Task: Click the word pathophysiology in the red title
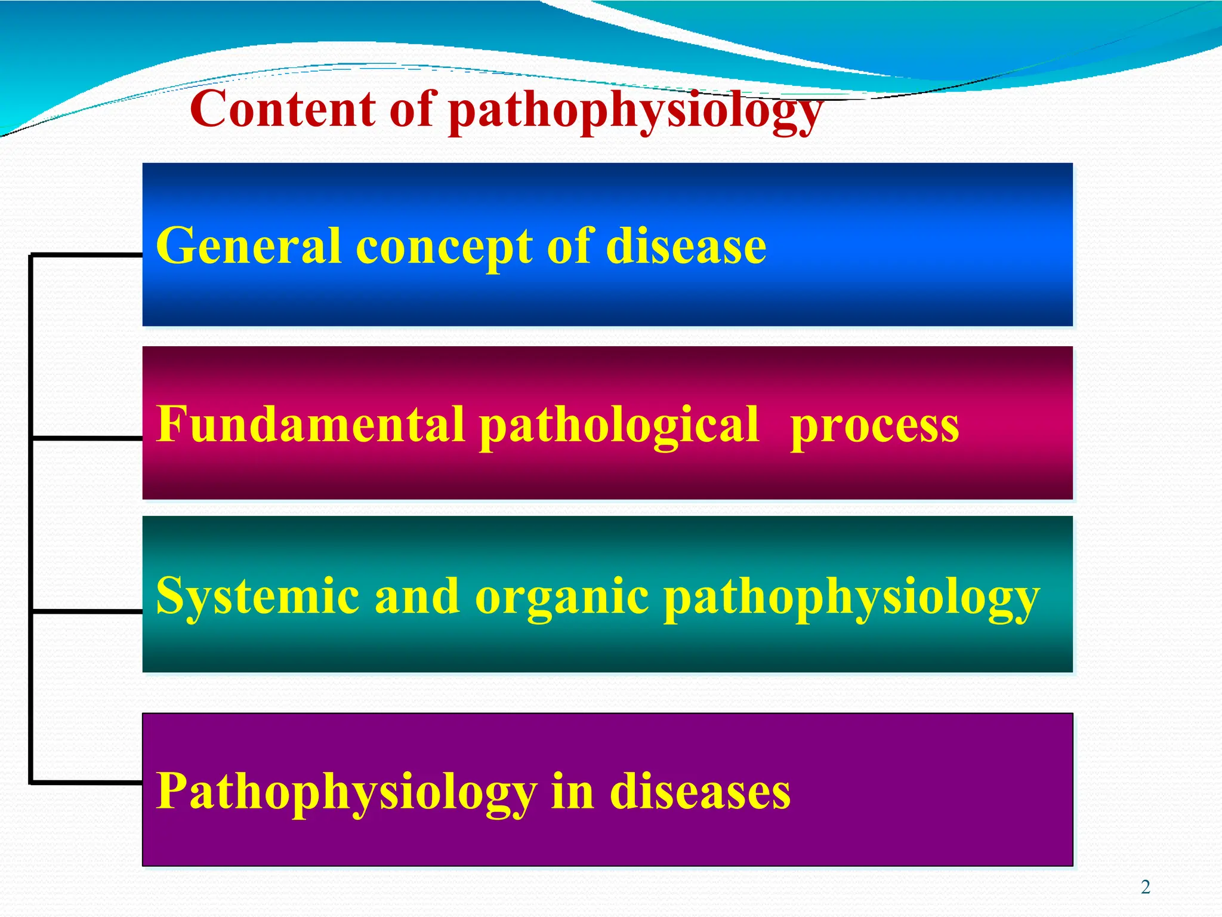(635, 110)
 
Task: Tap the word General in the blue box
(249, 246)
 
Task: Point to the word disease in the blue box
(686, 246)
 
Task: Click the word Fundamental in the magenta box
(311, 424)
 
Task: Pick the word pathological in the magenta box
(619, 425)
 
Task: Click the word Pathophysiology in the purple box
(347, 792)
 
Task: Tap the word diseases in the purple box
(701, 792)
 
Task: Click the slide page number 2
(1145, 887)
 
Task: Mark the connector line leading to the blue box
(87, 255)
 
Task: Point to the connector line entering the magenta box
(87, 438)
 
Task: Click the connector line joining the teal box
(87, 611)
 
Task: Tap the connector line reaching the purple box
(87, 782)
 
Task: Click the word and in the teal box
(416, 596)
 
